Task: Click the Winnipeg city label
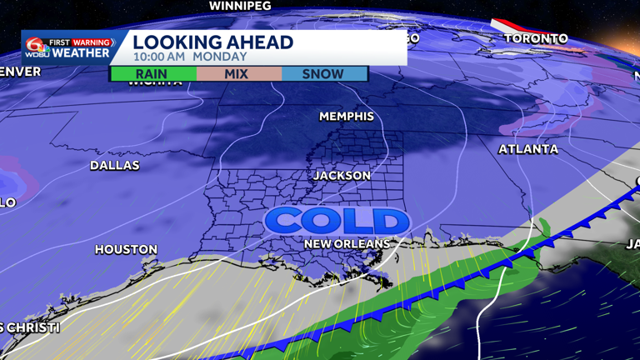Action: pyautogui.click(x=242, y=6)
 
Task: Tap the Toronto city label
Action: pyautogui.click(x=535, y=39)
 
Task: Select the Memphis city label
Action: pyautogui.click(x=347, y=117)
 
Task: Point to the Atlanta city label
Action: pyautogui.click(x=528, y=149)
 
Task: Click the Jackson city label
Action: pyautogui.click(x=342, y=176)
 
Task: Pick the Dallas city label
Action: pyautogui.click(x=114, y=166)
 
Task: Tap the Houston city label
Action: pyautogui.click(x=126, y=249)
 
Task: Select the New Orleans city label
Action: pyautogui.click(x=346, y=243)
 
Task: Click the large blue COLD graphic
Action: pyautogui.click(x=337, y=221)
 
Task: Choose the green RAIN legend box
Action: pyautogui.click(x=153, y=74)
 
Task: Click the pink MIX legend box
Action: pyautogui.click(x=238, y=74)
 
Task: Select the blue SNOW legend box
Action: pyautogui.click(x=323, y=74)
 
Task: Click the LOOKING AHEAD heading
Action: pyautogui.click(x=212, y=42)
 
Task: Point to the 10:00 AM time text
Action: pyautogui.click(x=159, y=57)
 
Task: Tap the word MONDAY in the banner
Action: pyautogui.click(x=220, y=57)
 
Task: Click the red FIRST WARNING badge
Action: pyautogui.click(x=81, y=42)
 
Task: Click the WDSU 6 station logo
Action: pyautogui.click(x=37, y=47)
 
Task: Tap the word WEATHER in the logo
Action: pyautogui.click(x=81, y=53)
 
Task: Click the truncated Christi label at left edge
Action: pyautogui.click(x=29, y=327)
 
